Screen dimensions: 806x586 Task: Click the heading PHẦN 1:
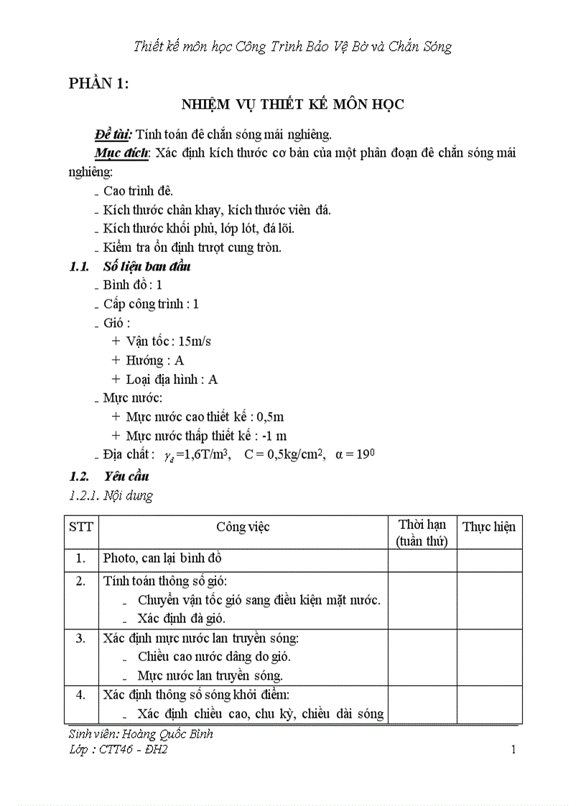[x=98, y=84]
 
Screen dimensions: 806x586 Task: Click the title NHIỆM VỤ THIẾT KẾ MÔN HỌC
[x=292, y=105]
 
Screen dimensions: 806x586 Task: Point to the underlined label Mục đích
[x=122, y=153]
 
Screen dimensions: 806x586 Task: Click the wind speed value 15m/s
[x=195, y=341]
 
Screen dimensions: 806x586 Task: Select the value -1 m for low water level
[x=274, y=436]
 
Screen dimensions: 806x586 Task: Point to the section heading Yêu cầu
[x=126, y=476]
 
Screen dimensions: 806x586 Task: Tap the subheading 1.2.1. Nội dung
[x=111, y=495]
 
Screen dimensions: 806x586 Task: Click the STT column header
[x=81, y=527]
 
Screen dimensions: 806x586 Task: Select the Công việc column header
[x=243, y=527]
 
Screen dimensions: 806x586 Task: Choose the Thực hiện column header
[x=488, y=527]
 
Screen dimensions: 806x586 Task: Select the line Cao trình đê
[x=138, y=191]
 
